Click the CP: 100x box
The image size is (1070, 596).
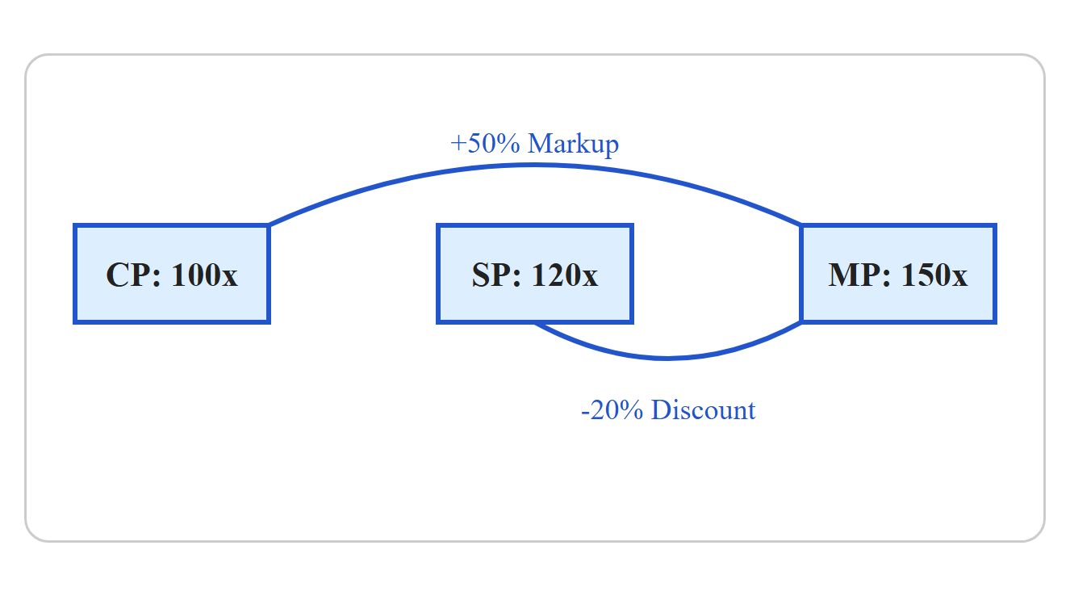172,274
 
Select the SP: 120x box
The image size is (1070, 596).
535,274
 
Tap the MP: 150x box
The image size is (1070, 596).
898,274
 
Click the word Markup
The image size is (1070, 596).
573,145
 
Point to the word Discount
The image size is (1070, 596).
703,410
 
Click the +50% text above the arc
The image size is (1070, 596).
485,144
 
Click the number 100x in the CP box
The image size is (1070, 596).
204,275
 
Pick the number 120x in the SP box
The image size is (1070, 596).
565,275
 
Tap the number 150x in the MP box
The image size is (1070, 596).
934,275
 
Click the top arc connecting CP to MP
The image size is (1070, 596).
535,166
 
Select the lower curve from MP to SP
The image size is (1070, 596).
667,358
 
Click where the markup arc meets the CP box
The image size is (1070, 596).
270,225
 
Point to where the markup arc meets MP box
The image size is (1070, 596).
800,225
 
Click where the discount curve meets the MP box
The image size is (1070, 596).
801,323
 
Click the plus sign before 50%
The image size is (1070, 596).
458,144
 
